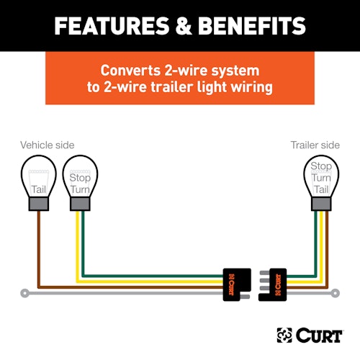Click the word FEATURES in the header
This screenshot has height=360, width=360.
112,26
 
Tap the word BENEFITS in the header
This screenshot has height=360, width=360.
252,26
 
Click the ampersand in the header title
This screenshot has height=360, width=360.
184,26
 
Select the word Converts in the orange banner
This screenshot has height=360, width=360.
130,71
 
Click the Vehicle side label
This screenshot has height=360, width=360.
48,145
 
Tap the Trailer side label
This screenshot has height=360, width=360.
315,145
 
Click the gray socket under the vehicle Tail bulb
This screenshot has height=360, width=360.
39,204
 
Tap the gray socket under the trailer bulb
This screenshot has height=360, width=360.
321,204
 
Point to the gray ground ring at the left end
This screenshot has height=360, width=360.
24,293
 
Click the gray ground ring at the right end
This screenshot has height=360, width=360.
336,293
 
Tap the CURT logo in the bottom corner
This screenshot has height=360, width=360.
310,336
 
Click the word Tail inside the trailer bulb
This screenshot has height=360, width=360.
321,189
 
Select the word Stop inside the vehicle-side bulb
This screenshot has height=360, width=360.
80,178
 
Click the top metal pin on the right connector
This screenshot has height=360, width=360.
264,273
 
